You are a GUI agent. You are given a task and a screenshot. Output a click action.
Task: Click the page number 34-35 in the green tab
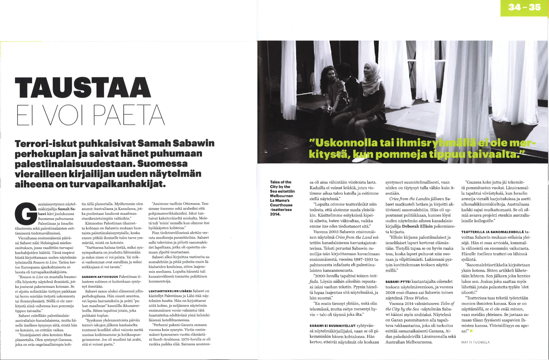pos(524,7)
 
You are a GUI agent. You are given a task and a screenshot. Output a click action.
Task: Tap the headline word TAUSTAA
pos(82,88)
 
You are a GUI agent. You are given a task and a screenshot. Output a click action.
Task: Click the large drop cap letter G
pos(25,214)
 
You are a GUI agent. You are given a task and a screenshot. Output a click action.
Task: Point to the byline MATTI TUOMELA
pos(475,342)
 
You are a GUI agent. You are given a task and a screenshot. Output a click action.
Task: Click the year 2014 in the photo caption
pos(275,214)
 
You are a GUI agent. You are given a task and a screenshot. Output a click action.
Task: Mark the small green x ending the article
pos(471,331)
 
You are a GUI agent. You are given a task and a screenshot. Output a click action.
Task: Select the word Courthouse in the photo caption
pos(281,205)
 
